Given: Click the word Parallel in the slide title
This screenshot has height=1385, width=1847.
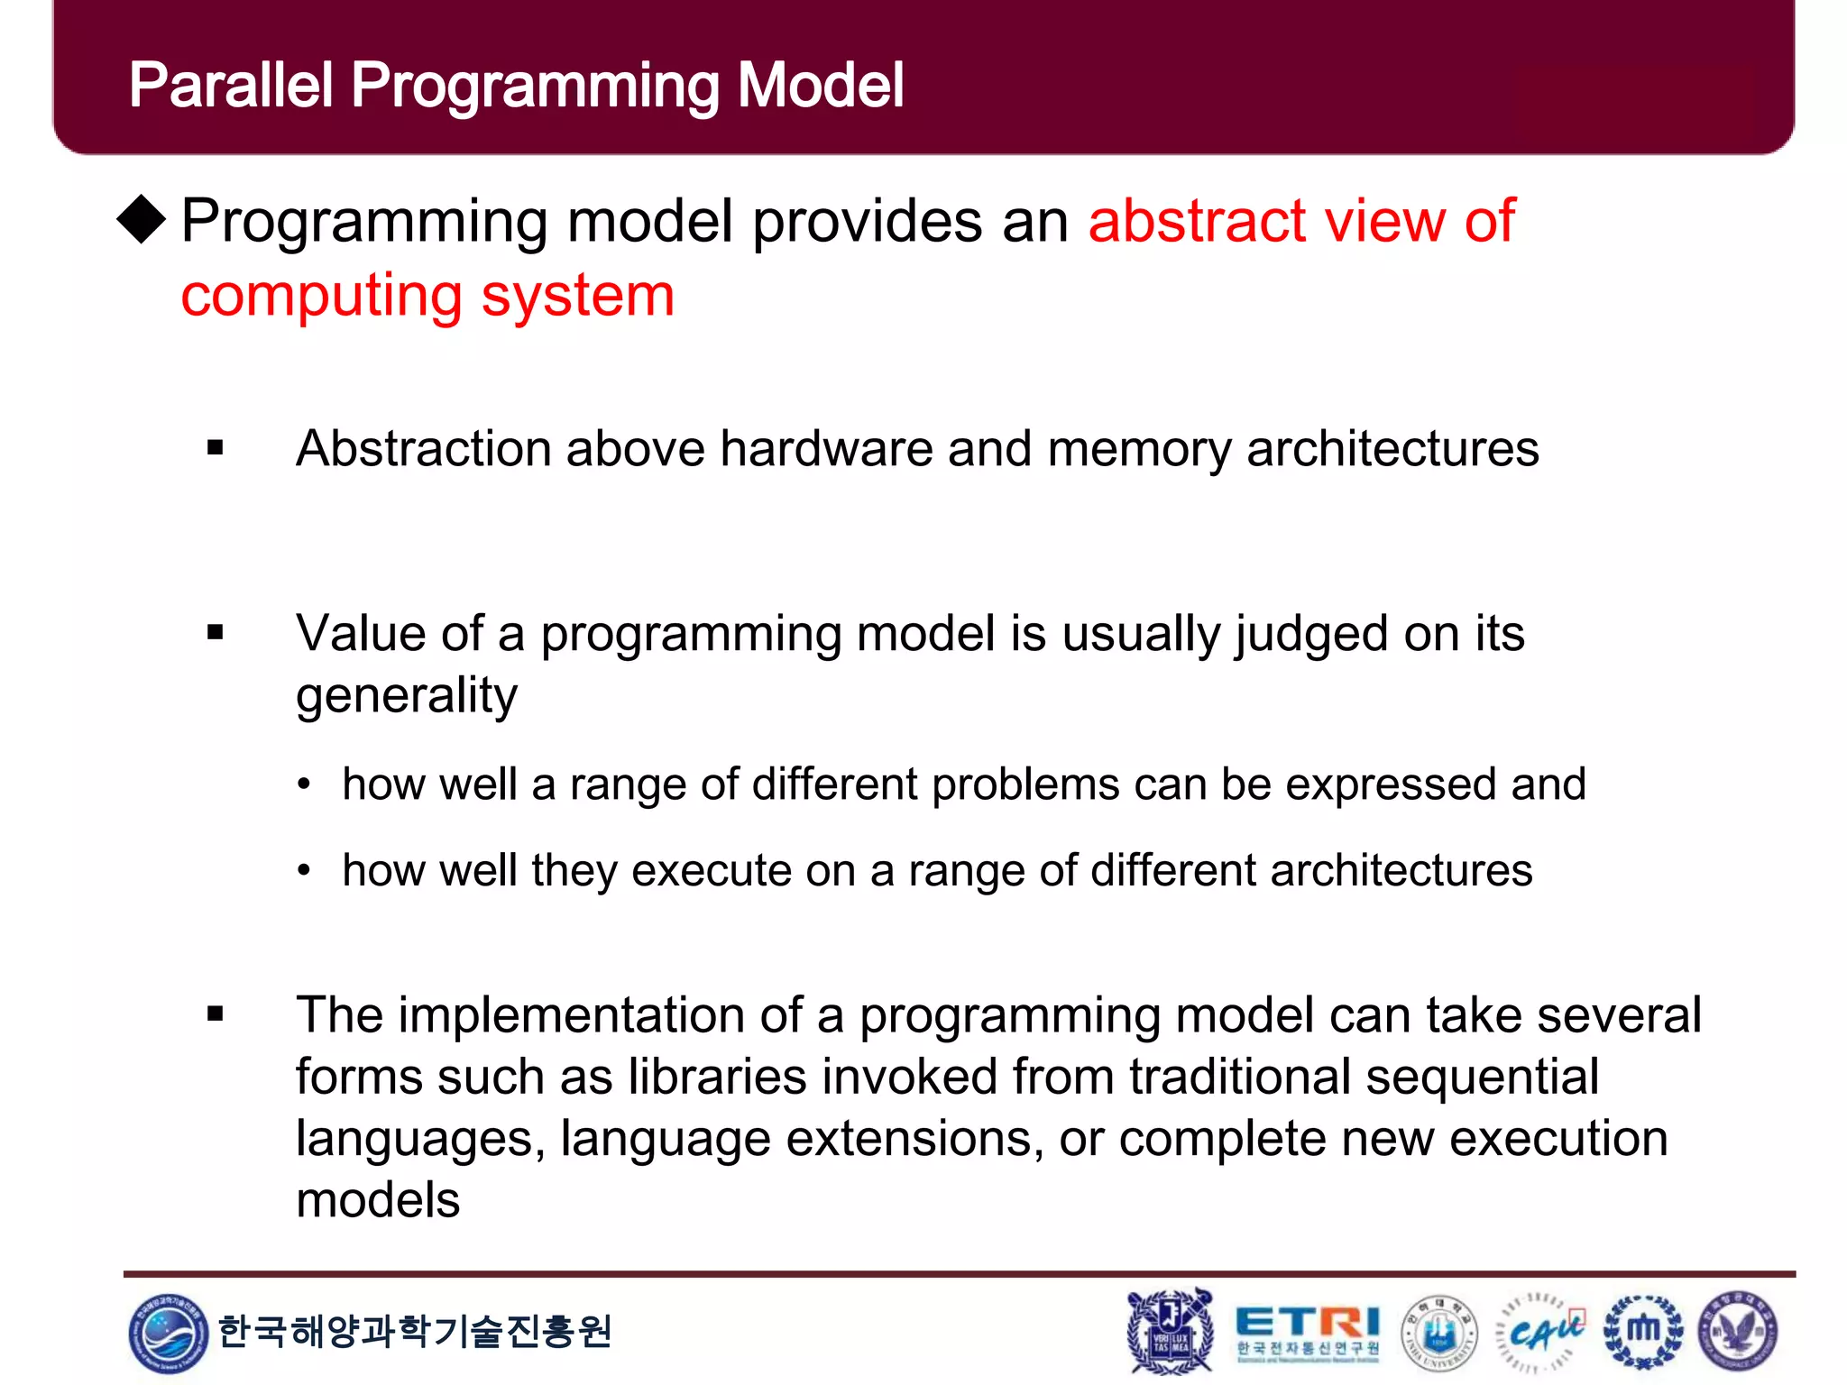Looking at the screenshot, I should [x=231, y=86].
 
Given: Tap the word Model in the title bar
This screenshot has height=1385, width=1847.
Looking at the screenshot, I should [x=820, y=86].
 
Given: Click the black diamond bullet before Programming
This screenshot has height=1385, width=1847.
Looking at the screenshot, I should [x=142, y=219].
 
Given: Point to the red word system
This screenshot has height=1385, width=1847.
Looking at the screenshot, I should [x=577, y=297].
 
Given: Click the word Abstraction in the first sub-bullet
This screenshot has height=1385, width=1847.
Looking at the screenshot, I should [x=423, y=448].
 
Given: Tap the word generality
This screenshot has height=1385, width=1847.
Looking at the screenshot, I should [x=407, y=696].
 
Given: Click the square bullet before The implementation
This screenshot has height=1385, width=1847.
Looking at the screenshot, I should [x=215, y=1014].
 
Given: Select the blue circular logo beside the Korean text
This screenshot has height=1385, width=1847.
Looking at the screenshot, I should [x=168, y=1332].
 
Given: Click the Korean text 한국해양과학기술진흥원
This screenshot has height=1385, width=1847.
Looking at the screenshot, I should [x=415, y=1331].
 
